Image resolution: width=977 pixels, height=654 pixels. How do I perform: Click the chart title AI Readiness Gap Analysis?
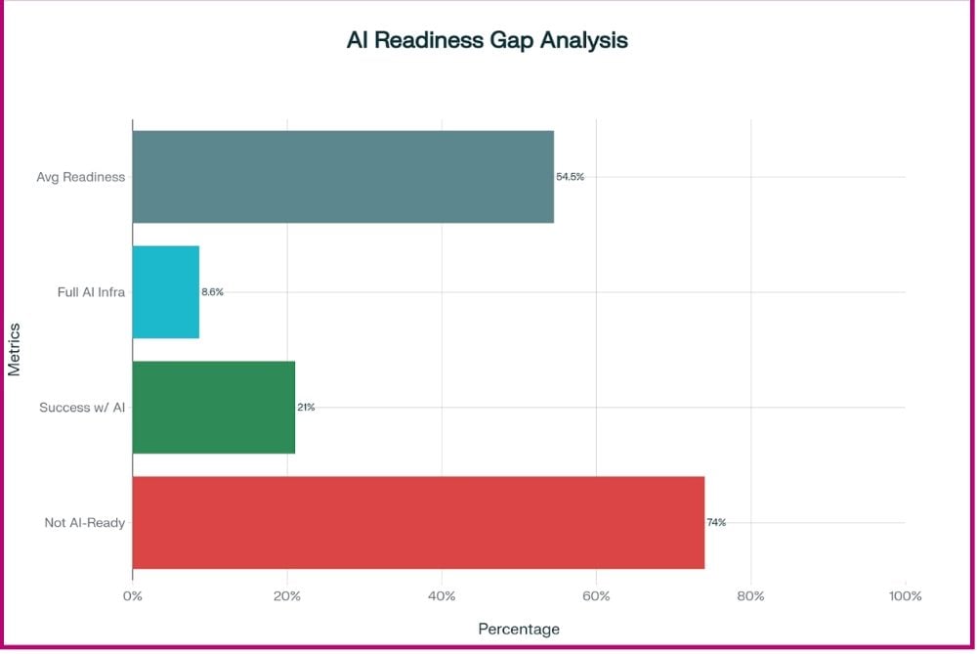tap(487, 41)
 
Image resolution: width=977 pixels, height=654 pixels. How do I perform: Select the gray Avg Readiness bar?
tap(343, 177)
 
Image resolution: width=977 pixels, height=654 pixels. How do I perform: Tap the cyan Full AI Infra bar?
tap(166, 292)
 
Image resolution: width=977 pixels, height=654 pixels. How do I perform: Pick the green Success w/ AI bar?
tap(213, 408)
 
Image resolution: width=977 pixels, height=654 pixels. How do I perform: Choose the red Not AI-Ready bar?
tap(418, 523)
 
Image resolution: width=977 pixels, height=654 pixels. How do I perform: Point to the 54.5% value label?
tap(570, 177)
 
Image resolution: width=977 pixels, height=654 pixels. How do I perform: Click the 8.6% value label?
tap(212, 292)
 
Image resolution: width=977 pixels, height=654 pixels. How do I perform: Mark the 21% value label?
tap(306, 408)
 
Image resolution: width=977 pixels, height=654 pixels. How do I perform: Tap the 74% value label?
tap(716, 523)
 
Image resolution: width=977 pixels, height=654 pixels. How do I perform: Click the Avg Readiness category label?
tap(81, 177)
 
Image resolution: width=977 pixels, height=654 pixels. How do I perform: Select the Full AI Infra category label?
tap(91, 292)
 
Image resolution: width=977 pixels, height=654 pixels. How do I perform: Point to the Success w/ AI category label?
tap(82, 408)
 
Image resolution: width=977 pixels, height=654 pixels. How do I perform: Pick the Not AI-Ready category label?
tap(85, 523)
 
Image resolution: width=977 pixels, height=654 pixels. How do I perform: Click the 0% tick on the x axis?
tap(133, 596)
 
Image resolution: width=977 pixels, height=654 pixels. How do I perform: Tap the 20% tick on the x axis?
tap(287, 596)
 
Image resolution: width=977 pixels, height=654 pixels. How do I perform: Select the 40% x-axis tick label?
tap(442, 596)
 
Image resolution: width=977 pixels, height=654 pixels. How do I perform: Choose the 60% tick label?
tap(596, 596)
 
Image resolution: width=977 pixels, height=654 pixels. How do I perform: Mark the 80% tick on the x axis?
tap(750, 596)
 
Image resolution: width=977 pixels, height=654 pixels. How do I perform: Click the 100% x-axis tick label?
tap(905, 596)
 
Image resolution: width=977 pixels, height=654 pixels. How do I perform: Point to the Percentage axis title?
tap(519, 630)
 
